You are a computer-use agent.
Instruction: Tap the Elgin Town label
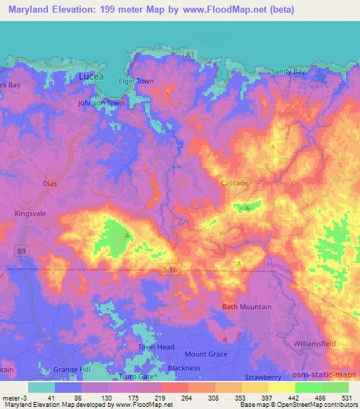[x=136, y=82]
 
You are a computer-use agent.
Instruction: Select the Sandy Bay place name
[x=288, y=72]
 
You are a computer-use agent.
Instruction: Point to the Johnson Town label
[x=101, y=103]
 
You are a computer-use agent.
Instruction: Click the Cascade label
[x=235, y=183]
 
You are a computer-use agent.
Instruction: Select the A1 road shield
[x=188, y=54]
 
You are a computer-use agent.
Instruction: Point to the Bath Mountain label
[x=246, y=307]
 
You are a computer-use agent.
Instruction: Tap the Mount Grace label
[x=206, y=354]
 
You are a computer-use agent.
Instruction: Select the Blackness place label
[x=184, y=368]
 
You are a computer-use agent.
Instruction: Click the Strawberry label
[x=262, y=377]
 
